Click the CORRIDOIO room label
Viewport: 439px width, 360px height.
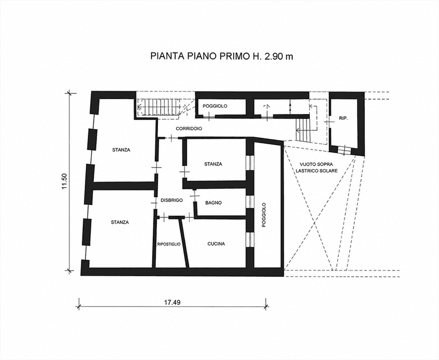[189, 129]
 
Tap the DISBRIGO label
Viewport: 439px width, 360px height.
[172, 200]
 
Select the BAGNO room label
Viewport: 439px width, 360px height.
[213, 203]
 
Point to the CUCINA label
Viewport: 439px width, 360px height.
[216, 244]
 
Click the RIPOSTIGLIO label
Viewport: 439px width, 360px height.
[169, 244]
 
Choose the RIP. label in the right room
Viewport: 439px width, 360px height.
[343, 118]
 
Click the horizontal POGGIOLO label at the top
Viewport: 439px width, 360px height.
[215, 106]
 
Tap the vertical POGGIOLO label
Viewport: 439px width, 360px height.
[264, 215]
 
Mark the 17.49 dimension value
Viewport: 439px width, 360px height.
[172, 302]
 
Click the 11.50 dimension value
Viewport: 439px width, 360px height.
[65, 181]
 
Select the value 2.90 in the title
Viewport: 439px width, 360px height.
[272, 56]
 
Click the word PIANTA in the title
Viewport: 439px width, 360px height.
[167, 56]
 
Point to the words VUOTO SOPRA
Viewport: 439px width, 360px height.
[317, 164]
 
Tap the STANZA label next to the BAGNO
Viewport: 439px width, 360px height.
[213, 164]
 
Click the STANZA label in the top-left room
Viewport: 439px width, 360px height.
[121, 150]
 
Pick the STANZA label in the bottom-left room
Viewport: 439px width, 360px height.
[120, 222]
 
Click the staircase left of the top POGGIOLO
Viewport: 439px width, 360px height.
[160, 107]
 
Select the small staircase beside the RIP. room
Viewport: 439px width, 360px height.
[303, 129]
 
